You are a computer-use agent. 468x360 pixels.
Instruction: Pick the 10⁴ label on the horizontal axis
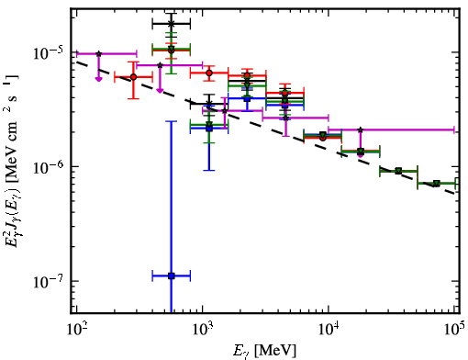[329, 329]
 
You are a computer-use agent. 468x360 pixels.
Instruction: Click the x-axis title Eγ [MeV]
[264, 350]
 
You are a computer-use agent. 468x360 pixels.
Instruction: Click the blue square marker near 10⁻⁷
[172, 276]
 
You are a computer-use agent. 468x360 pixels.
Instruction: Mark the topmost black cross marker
[172, 23]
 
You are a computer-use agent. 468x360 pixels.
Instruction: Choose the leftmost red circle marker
[133, 77]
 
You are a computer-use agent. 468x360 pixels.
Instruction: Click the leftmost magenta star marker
[98, 53]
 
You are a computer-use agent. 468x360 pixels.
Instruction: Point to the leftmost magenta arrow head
[98, 79]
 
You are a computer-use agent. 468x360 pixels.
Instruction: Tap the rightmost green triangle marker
[437, 184]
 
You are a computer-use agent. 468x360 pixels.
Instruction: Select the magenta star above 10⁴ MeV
[361, 129]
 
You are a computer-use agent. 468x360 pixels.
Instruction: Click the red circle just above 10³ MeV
[209, 73]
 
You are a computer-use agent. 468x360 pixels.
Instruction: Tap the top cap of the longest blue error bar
[172, 121]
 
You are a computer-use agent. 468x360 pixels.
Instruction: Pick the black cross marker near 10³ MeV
[209, 103]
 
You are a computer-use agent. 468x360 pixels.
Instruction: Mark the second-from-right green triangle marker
[398, 171]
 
